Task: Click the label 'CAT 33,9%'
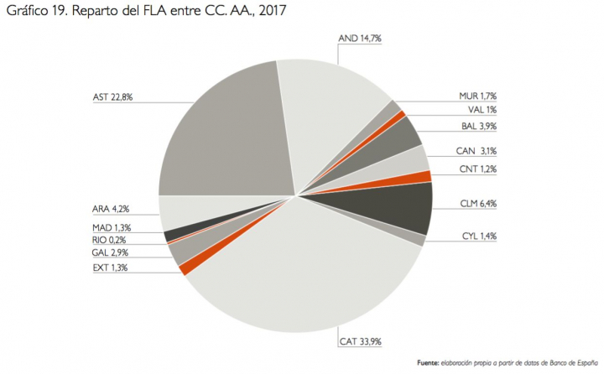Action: click(358, 342)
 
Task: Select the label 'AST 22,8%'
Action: click(113, 97)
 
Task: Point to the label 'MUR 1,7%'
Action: click(478, 96)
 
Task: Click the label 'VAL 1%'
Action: click(482, 110)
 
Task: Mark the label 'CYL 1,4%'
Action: click(479, 236)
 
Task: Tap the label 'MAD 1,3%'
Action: click(112, 227)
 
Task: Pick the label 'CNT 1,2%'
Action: click(478, 169)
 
